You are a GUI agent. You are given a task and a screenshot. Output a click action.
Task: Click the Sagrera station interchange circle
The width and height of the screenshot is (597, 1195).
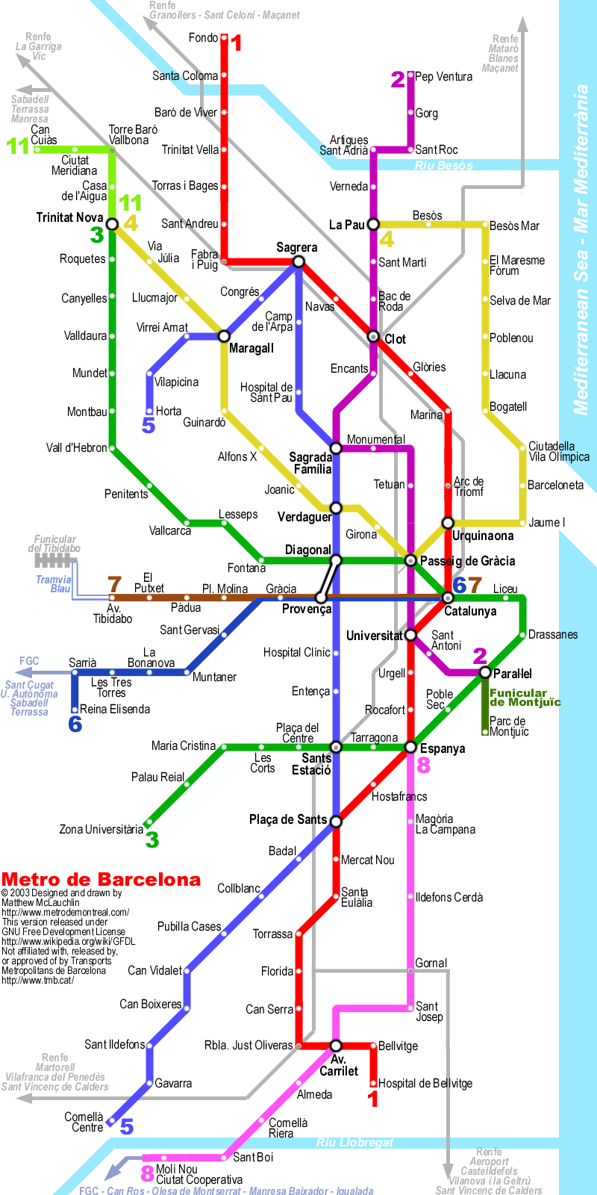click(298, 261)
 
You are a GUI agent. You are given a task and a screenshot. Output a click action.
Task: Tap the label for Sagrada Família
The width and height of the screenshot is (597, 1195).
click(311, 463)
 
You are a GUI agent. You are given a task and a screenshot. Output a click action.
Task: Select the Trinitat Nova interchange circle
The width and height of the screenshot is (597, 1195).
click(112, 224)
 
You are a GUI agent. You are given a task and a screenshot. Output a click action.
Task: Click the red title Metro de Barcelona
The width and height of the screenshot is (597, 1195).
click(101, 879)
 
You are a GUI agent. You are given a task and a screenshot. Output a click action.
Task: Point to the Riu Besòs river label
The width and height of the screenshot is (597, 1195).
click(444, 165)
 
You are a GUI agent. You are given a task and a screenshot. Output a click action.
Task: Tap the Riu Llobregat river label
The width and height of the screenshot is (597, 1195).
click(354, 1143)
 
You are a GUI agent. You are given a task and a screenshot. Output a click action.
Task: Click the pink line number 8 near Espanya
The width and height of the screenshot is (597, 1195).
click(424, 765)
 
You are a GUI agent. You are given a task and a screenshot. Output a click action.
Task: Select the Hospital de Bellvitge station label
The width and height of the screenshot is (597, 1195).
click(425, 1083)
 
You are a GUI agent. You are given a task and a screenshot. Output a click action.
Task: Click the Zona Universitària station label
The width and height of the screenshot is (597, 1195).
click(101, 829)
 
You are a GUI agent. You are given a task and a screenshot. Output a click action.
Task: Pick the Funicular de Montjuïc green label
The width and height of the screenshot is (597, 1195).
click(525, 698)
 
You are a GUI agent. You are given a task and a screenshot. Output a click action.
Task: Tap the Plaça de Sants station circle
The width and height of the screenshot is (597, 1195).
click(336, 821)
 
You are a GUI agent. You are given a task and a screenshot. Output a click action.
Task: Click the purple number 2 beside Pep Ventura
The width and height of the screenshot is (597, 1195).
click(398, 79)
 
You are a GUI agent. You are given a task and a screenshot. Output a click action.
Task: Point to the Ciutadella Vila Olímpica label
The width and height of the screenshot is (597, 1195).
click(559, 451)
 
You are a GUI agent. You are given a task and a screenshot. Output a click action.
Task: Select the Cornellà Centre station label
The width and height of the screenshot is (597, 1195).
click(84, 1122)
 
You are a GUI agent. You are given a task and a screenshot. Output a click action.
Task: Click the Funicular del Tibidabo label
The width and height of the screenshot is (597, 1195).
click(54, 544)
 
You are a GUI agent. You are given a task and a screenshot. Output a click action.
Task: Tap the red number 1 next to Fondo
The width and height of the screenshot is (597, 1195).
click(237, 43)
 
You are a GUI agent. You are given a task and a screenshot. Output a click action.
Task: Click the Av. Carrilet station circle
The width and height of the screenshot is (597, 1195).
click(336, 1046)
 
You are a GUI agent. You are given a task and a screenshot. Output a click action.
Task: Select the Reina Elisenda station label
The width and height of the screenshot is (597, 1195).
click(115, 709)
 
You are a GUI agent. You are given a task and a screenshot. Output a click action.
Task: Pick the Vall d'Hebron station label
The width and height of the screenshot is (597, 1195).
click(77, 448)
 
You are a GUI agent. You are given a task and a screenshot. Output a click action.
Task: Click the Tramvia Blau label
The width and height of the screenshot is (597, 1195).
click(54, 584)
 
